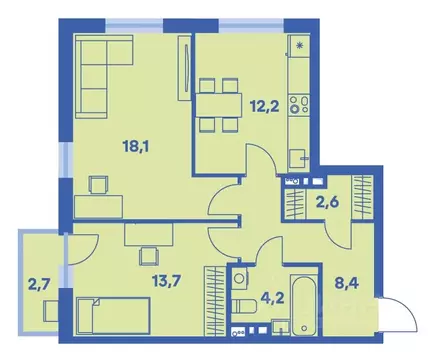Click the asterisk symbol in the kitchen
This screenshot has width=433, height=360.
(297, 45)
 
